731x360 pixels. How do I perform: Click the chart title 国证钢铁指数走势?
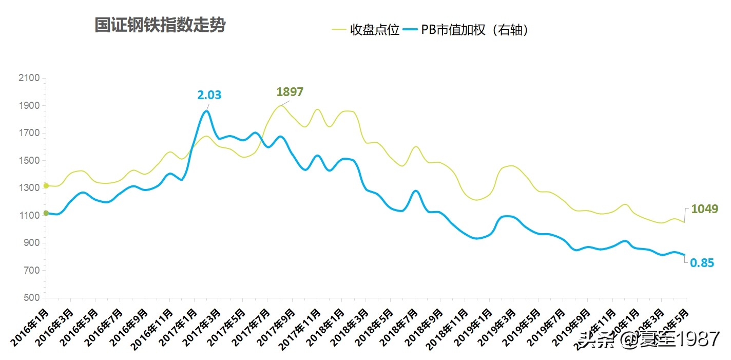click(x=160, y=25)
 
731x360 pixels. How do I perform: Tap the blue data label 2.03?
click(x=209, y=94)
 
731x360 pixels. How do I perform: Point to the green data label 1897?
click(x=290, y=92)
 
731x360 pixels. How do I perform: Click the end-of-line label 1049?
click(x=704, y=209)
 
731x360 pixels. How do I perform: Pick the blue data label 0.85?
click(x=702, y=263)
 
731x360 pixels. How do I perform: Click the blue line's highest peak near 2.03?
click(x=206, y=111)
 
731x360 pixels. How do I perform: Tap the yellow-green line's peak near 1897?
click(x=280, y=106)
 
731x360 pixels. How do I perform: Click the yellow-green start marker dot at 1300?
click(x=46, y=185)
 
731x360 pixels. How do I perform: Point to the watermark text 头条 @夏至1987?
click(x=648, y=339)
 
